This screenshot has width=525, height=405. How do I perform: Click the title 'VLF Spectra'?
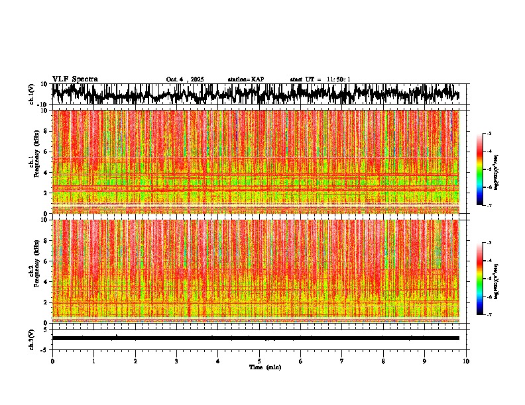coord(75,79)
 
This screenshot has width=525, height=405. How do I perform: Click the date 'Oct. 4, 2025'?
coord(185,79)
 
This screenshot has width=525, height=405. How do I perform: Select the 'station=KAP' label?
coord(245,79)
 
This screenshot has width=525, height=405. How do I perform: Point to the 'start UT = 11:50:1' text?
coord(320,79)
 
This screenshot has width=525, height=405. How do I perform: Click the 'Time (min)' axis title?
coord(264,367)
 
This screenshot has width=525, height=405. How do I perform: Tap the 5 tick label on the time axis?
coord(259,361)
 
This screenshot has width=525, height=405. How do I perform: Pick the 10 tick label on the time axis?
coord(466,361)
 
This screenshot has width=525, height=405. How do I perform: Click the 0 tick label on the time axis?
coord(52,361)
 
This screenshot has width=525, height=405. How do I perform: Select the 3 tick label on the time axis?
coord(176,361)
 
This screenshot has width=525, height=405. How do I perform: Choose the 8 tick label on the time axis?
coord(383,361)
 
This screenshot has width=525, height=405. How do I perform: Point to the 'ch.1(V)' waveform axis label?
coord(32,94)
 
